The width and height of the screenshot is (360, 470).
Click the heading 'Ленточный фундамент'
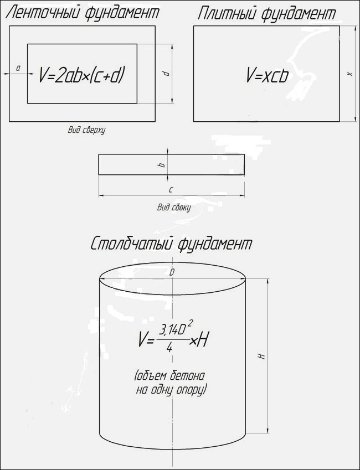pyautogui.click(x=82, y=13)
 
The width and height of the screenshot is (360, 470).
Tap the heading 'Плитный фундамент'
pyautogui.click(x=266, y=14)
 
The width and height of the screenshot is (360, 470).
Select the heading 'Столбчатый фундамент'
pyautogui.click(x=171, y=244)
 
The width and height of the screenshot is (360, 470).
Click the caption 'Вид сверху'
pyautogui.click(x=86, y=130)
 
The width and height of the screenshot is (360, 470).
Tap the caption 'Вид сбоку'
pyautogui.click(x=174, y=207)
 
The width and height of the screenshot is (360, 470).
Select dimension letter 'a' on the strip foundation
pyautogui.click(x=18, y=69)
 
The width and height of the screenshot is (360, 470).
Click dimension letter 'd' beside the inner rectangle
pyautogui.click(x=167, y=74)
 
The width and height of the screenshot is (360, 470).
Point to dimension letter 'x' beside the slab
pyautogui.click(x=350, y=74)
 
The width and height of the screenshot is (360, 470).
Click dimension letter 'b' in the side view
pyautogui.click(x=162, y=164)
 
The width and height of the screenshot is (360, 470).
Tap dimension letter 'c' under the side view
pyautogui.click(x=171, y=189)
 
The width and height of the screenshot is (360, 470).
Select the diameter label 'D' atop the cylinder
pyautogui.click(x=172, y=272)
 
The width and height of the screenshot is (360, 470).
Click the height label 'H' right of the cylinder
pyautogui.click(x=262, y=356)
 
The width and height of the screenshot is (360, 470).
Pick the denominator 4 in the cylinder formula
pyautogui.click(x=169, y=348)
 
